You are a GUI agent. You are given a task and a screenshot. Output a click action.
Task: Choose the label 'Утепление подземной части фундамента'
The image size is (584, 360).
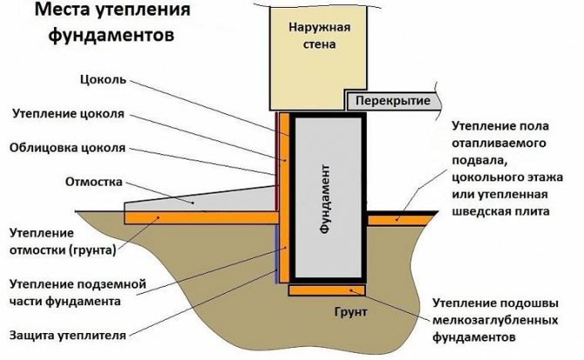[71, 292]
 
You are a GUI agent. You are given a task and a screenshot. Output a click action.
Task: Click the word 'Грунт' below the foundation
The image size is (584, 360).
[350, 310]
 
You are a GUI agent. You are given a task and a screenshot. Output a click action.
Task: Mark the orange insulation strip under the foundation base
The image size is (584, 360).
[327, 290]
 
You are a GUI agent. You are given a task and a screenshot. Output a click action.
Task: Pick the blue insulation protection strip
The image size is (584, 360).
[278, 253]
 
